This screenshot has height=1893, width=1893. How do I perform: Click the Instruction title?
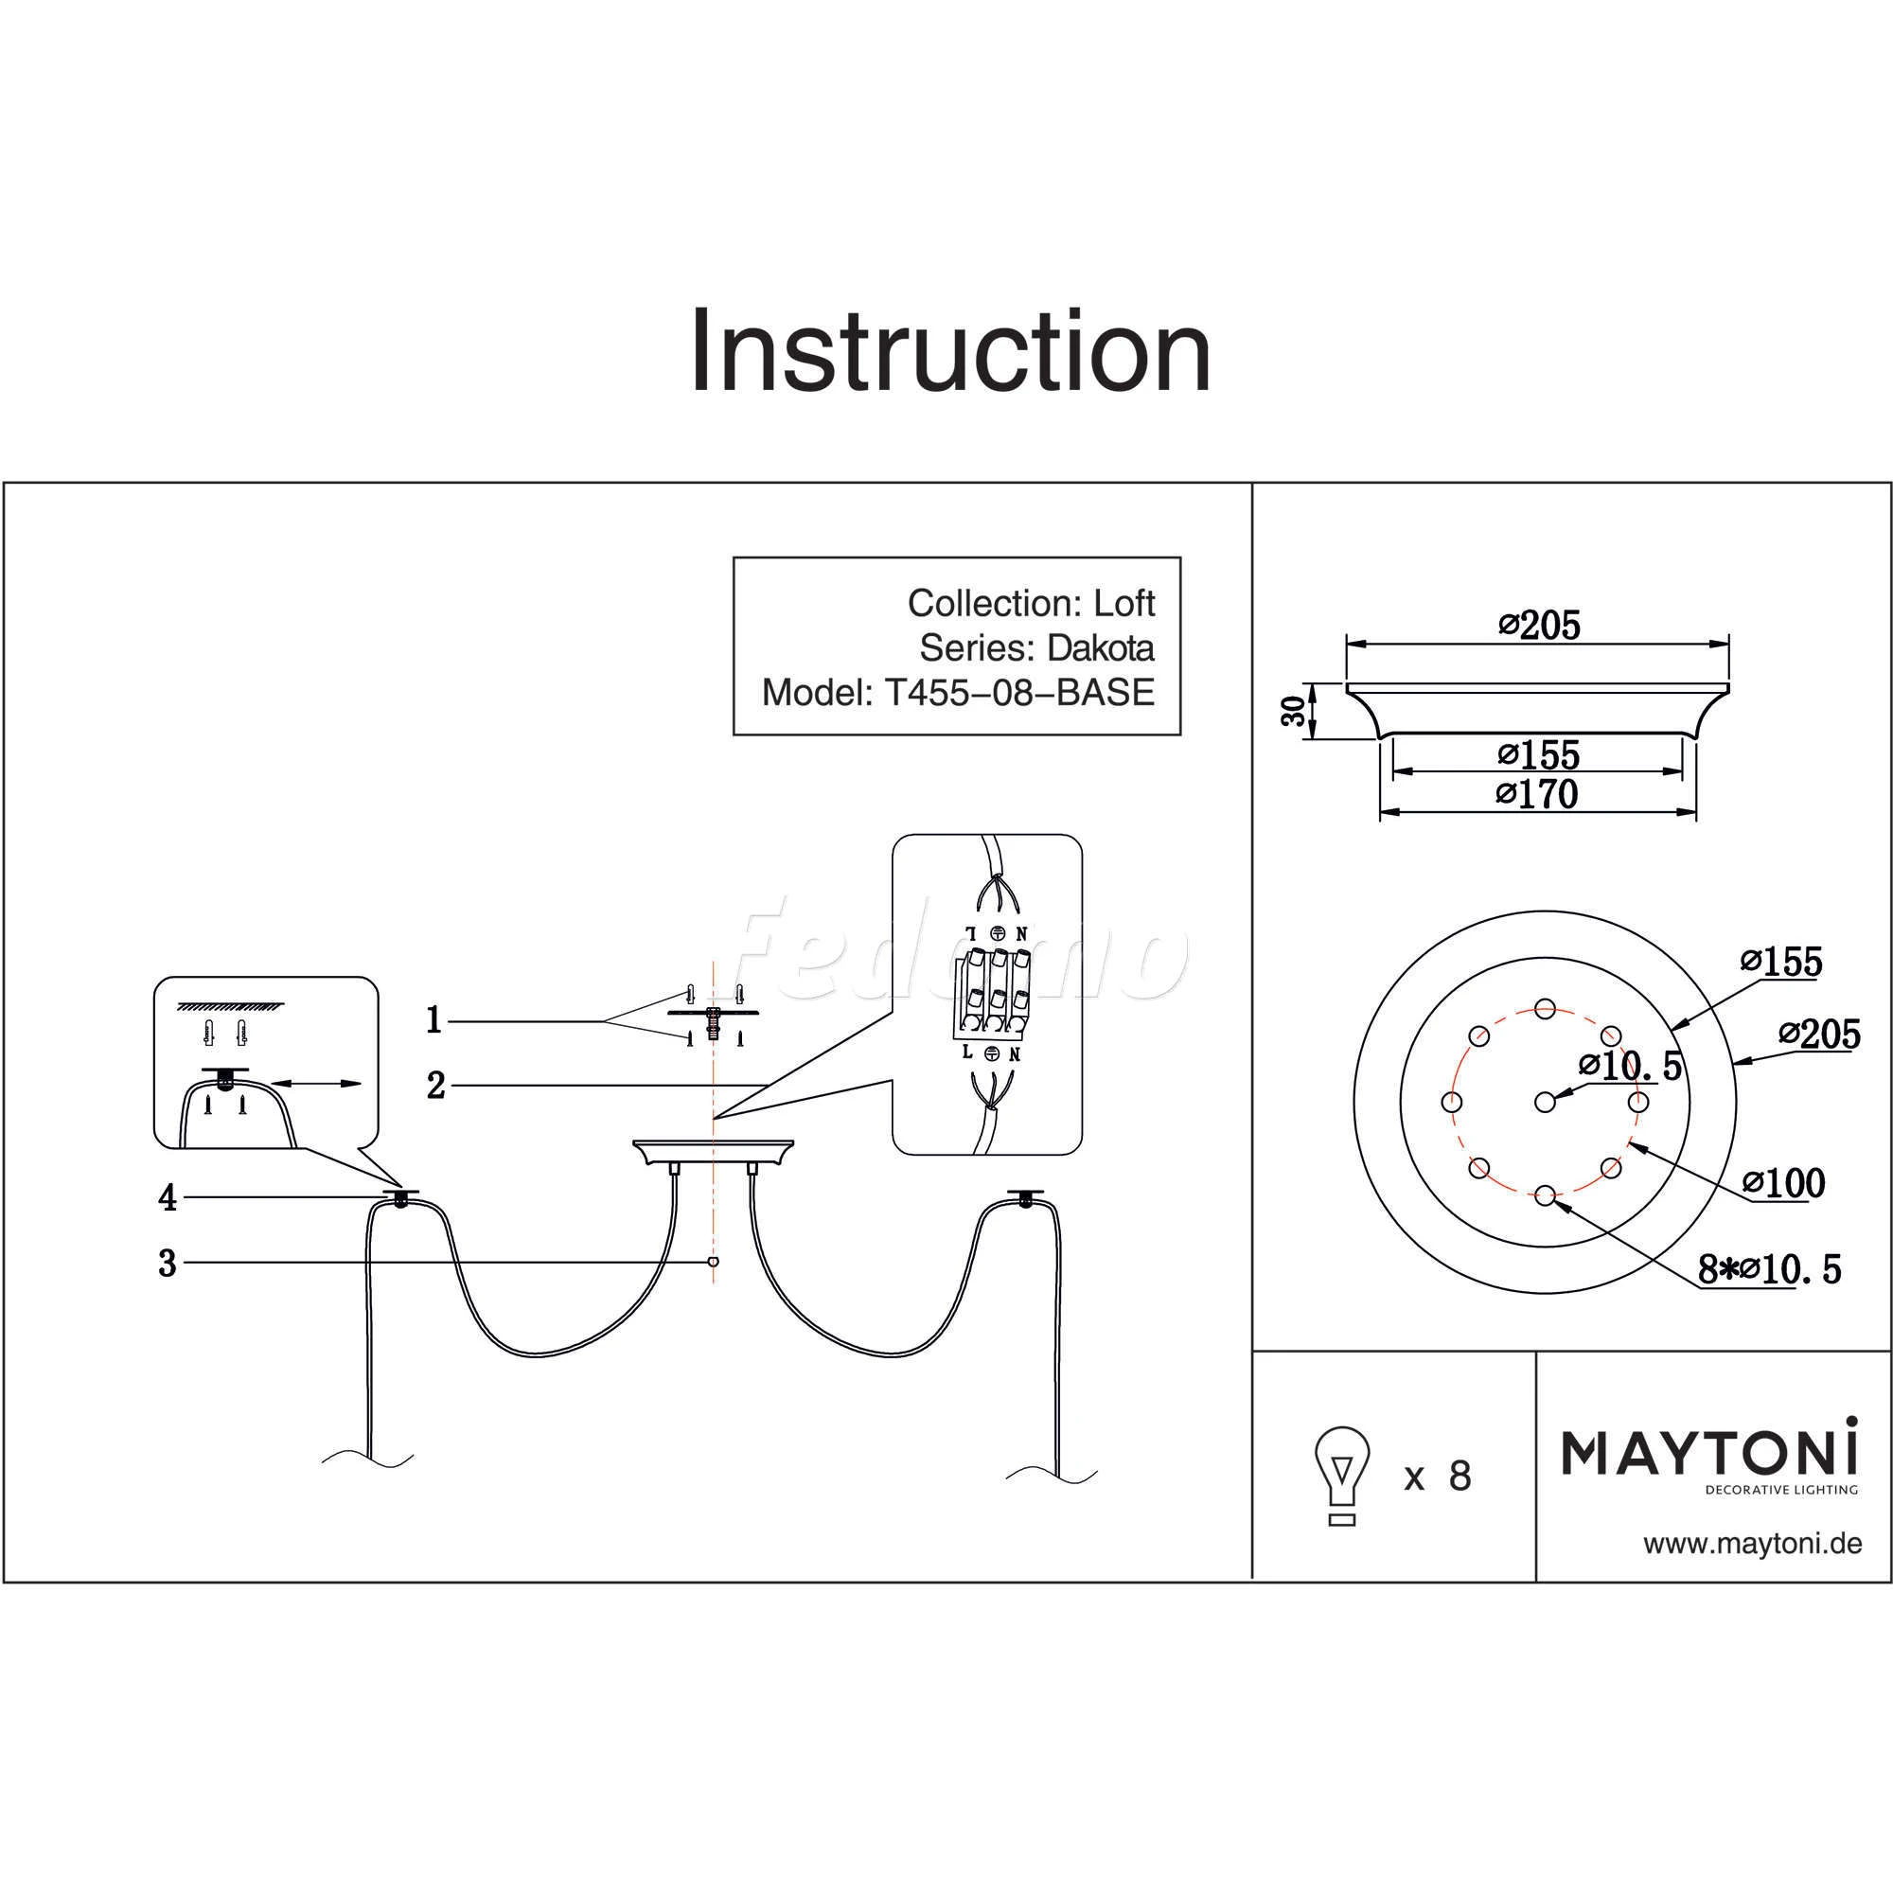(x=950, y=352)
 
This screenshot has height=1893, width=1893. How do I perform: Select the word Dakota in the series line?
(x=1101, y=647)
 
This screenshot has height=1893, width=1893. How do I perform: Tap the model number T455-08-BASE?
(x=1019, y=693)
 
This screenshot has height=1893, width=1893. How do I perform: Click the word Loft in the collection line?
(x=1123, y=603)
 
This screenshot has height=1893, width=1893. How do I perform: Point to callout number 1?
(x=434, y=1021)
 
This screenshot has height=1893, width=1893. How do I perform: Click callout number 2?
(x=436, y=1086)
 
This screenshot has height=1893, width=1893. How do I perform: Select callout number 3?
(x=168, y=1264)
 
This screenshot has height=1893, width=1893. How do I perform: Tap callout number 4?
(x=168, y=1197)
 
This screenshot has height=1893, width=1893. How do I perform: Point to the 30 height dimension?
(x=1294, y=711)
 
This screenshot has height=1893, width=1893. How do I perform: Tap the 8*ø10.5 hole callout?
(x=1770, y=1271)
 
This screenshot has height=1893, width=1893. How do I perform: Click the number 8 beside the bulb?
(x=1460, y=1476)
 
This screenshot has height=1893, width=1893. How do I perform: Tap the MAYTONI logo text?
(x=1708, y=1452)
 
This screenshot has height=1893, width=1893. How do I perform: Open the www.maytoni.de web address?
(x=1752, y=1544)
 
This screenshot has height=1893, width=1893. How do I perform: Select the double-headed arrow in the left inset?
(x=315, y=1083)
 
